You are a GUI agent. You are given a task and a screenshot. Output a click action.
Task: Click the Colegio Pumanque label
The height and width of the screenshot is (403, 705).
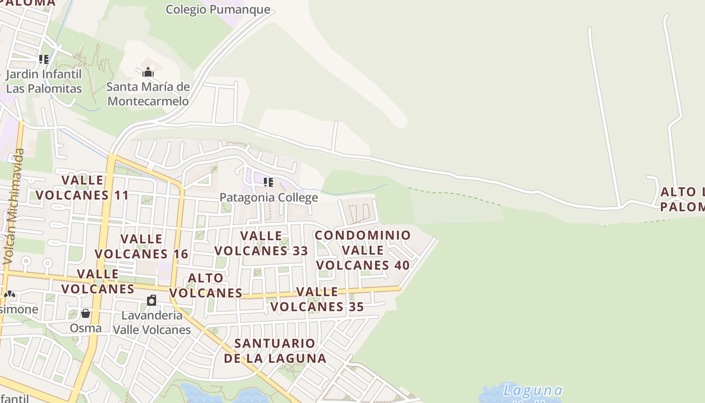pos(218,9)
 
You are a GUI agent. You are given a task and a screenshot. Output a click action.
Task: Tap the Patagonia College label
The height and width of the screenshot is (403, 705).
pos(268,197)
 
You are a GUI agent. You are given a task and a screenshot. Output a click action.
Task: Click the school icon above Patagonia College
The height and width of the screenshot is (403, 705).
pos(268,182)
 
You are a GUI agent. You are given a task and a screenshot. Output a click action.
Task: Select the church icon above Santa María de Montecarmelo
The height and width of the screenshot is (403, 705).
pos(148,72)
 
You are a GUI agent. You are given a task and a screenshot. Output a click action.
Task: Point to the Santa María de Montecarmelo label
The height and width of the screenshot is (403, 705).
pos(148,94)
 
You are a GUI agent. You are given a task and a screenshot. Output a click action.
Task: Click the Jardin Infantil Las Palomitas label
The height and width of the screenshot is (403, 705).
pos(44,82)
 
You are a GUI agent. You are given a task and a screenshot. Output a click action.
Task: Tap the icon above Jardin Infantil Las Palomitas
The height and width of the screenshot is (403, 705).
pos(44,59)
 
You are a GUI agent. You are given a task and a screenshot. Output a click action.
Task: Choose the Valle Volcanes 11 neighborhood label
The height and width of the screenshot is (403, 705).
pos(82,187)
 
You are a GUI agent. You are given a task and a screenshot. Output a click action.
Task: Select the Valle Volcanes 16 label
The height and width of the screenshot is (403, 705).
pos(142,246)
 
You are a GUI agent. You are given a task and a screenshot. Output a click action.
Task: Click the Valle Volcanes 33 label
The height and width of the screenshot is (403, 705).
pos(261,243)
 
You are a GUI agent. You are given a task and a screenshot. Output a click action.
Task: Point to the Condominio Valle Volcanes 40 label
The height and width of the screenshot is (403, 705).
pos(363,250)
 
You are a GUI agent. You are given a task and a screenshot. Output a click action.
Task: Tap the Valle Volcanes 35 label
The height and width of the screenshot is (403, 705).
pos(317,299)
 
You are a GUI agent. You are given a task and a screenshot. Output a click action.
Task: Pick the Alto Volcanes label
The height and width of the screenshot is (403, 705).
pos(205,285)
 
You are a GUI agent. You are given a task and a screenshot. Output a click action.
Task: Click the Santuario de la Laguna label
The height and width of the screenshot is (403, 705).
pos(275,351)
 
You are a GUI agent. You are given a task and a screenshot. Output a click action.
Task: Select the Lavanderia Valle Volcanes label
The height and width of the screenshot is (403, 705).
pos(152,322)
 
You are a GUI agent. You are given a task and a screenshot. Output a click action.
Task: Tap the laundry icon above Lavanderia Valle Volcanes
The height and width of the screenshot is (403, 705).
pos(152,301)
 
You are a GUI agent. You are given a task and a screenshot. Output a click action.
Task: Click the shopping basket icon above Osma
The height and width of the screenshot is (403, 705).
pos(86,313)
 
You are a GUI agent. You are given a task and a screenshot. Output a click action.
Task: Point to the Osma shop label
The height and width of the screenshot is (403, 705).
pos(86,328)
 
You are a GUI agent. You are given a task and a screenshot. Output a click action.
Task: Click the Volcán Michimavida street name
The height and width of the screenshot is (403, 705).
pos(14,207)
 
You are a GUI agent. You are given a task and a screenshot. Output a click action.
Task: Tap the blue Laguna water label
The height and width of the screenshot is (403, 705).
pos(533,391)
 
